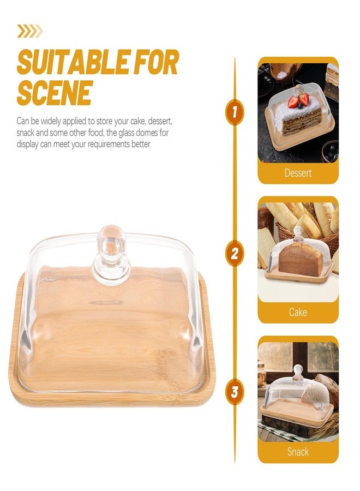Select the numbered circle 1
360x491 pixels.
[x=235, y=112]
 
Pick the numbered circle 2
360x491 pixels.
[x=235, y=253]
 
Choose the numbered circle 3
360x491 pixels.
[x=235, y=392]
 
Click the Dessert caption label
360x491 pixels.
[x=298, y=173]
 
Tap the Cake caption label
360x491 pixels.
[x=298, y=312]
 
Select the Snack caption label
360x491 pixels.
[x=298, y=452]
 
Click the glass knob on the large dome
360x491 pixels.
[x=111, y=254]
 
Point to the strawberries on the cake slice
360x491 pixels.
[x=298, y=100]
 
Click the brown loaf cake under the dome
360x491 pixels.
[x=301, y=259]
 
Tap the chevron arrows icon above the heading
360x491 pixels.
[x=30, y=31]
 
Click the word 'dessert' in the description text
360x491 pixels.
[x=160, y=121]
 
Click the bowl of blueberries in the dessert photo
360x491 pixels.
[x=331, y=152]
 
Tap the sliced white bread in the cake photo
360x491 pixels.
[x=266, y=247]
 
